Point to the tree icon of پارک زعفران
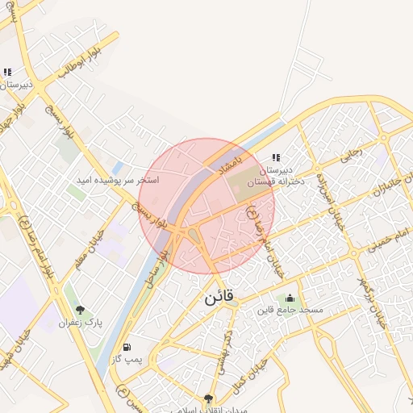tap(80, 309)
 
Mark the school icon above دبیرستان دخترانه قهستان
tap(277, 158)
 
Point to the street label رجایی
tap(353, 152)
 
